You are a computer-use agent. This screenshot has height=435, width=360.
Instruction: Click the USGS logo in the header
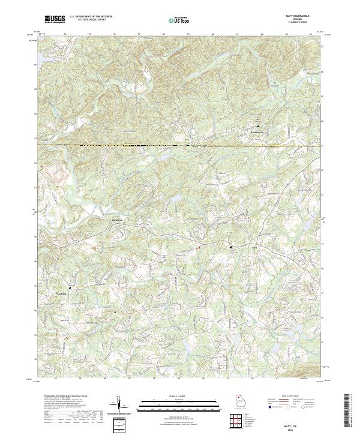[x=55, y=20]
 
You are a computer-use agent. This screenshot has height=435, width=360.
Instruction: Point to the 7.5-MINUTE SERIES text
[x=302, y=23]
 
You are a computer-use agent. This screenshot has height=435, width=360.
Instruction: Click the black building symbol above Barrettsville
[x=258, y=127]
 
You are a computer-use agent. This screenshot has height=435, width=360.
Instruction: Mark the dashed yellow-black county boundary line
[x=180, y=145]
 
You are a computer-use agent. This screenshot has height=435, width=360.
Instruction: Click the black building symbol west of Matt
[x=230, y=246]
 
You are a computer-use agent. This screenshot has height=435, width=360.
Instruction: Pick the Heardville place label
[x=60, y=293]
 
